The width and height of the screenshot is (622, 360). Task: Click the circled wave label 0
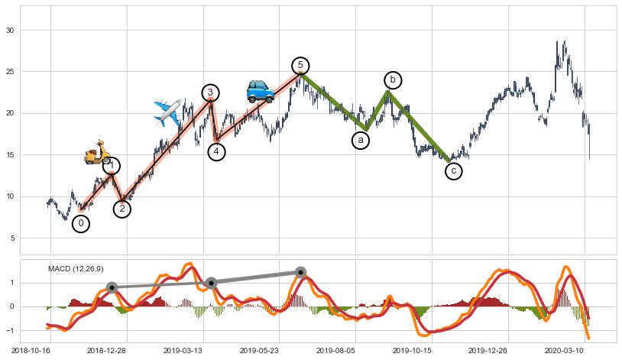(x=81, y=224)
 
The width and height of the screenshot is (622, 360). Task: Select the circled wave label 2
(x=122, y=209)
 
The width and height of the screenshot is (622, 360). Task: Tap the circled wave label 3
(x=210, y=93)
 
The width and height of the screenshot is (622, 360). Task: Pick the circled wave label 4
(x=217, y=151)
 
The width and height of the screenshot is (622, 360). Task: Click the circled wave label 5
(x=301, y=65)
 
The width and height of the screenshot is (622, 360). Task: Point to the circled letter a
(x=361, y=141)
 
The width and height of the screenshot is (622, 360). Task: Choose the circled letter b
(x=393, y=79)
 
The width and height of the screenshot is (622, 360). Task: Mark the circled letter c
(x=454, y=171)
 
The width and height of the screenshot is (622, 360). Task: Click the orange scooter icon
(x=97, y=152)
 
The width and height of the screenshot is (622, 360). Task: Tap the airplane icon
(x=167, y=112)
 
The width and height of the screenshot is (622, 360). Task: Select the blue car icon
(x=260, y=91)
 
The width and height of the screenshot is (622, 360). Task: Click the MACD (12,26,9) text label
(x=76, y=269)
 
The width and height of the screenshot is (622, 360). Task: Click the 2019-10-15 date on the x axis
(x=412, y=350)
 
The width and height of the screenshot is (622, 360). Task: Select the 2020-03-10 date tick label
(x=564, y=350)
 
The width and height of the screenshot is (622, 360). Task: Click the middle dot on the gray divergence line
(x=212, y=283)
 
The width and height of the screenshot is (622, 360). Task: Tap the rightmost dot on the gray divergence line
(x=300, y=272)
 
